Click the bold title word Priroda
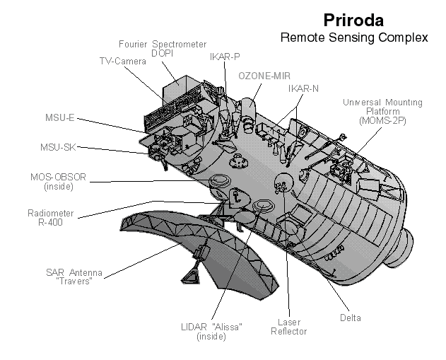point(353,19)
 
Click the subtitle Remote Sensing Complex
point(354,37)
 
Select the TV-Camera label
point(122,62)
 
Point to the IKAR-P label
point(225,57)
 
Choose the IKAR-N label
point(303,89)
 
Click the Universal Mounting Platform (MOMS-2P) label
point(382,112)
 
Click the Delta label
point(349,316)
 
